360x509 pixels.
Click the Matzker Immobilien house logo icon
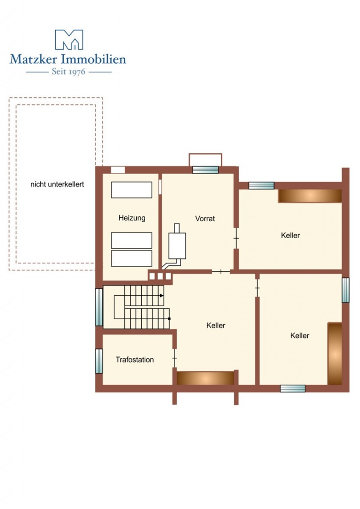click(69, 40)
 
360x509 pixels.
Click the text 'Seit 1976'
click(69, 72)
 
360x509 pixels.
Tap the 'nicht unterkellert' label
click(57, 184)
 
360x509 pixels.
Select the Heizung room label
click(132, 218)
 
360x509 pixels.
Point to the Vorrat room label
click(205, 219)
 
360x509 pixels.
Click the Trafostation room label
click(135, 360)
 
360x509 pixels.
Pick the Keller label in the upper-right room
click(290, 235)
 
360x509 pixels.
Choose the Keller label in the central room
click(216, 325)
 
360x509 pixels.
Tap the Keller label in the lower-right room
click(300, 336)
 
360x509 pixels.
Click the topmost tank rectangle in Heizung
click(131, 190)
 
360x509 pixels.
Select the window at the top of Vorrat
click(205, 170)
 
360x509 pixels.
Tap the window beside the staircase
click(99, 307)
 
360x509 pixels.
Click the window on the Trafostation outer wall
click(99, 361)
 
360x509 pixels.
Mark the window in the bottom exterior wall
click(292, 388)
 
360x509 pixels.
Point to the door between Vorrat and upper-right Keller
click(236, 238)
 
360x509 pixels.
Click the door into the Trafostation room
click(175, 358)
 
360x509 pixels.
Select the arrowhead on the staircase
click(162, 296)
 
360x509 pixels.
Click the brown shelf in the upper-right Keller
click(310, 196)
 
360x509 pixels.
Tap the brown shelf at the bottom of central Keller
click(205, 378)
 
